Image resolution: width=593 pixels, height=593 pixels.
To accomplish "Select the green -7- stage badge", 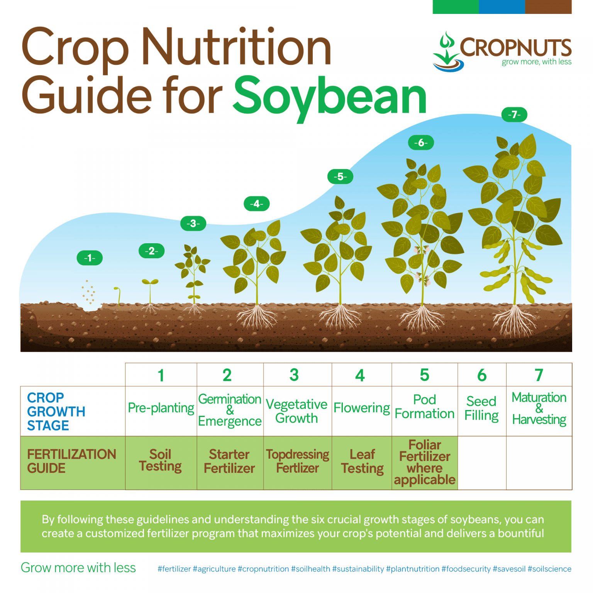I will pos(514,115).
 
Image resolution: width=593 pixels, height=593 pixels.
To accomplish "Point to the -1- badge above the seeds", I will pos(90,258).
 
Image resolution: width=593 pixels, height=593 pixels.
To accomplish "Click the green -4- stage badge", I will pos(256,204).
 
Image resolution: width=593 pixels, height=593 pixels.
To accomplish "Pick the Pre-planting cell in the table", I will pos(161,408).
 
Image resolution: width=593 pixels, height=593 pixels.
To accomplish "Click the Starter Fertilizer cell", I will pos(229,461).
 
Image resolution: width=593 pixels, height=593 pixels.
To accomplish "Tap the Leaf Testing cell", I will pos(362,461).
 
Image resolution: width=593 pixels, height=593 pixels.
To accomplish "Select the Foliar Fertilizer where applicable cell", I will pos(425,462).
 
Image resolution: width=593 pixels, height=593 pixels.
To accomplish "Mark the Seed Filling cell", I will pos(481,408).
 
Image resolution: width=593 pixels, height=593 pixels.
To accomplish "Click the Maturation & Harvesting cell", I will pos(539,408).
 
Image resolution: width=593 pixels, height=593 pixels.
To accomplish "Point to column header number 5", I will pos(424,375).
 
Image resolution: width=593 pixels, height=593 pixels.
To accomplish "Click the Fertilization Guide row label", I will pos(71,461).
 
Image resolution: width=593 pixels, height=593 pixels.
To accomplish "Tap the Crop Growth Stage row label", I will pos(56,412).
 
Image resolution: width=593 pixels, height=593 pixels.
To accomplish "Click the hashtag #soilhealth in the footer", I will pos(310,569).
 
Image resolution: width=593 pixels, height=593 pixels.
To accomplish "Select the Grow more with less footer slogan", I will pos(78,568).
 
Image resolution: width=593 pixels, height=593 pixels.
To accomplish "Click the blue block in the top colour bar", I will pos(502,7).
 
